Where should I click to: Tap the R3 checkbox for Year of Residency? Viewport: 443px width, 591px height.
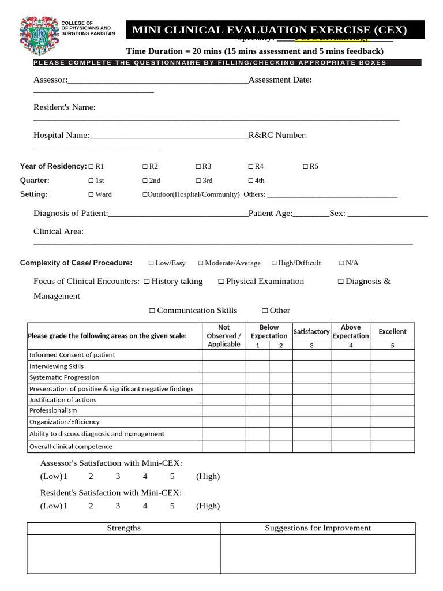point(198,167)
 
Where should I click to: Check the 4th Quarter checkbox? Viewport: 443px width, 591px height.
point(251,181)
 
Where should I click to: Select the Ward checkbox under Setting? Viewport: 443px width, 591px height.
point(91,194)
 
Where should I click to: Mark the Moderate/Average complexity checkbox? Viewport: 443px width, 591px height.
point(201,263)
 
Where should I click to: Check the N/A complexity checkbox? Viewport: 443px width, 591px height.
point(341,263)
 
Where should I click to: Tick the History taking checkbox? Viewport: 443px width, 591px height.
point(147,282)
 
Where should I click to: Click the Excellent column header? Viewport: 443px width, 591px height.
point(392,331)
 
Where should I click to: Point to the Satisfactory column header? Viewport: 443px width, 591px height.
point(311,331)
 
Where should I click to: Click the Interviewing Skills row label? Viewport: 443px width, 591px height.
point(57,366)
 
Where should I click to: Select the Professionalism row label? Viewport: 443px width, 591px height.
point(53,410)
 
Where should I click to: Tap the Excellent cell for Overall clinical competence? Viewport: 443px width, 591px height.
point(392,446)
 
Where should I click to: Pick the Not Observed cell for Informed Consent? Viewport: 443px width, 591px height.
point(224,355)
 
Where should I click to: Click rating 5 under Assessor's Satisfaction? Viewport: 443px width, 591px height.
point(172,476)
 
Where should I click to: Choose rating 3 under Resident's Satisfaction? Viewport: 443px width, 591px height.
point(118,506)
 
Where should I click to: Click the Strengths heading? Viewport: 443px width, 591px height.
point(124,528)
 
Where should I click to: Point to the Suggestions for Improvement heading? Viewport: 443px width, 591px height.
point(318,528)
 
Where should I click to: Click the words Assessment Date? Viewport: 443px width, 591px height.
point(280,80)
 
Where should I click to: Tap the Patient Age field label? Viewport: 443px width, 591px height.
point(271,214)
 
